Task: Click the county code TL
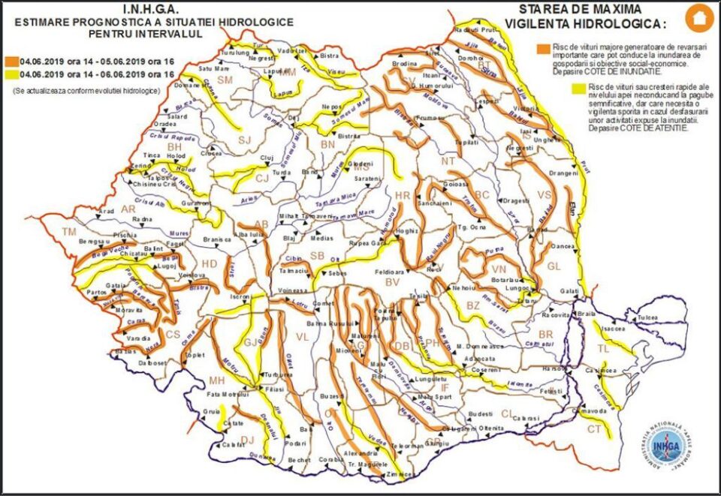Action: pos(604,349)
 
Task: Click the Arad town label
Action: pos(106,212)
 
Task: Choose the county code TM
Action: pos(70,230)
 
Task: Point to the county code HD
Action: pos(209,263)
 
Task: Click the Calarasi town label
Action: pos(526,417)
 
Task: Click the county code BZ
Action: pos(472,305)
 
